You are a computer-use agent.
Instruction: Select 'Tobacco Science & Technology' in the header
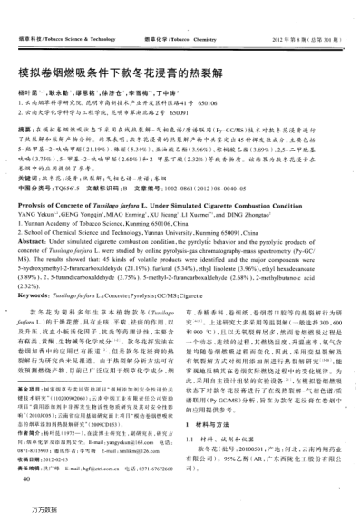point(69,15)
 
